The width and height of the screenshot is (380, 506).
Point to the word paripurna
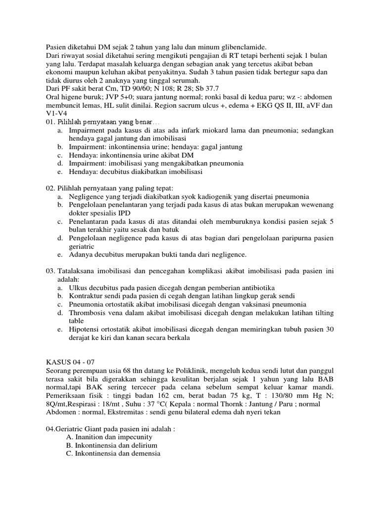coord(284,238)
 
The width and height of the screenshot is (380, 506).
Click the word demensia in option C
coord(145,454)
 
